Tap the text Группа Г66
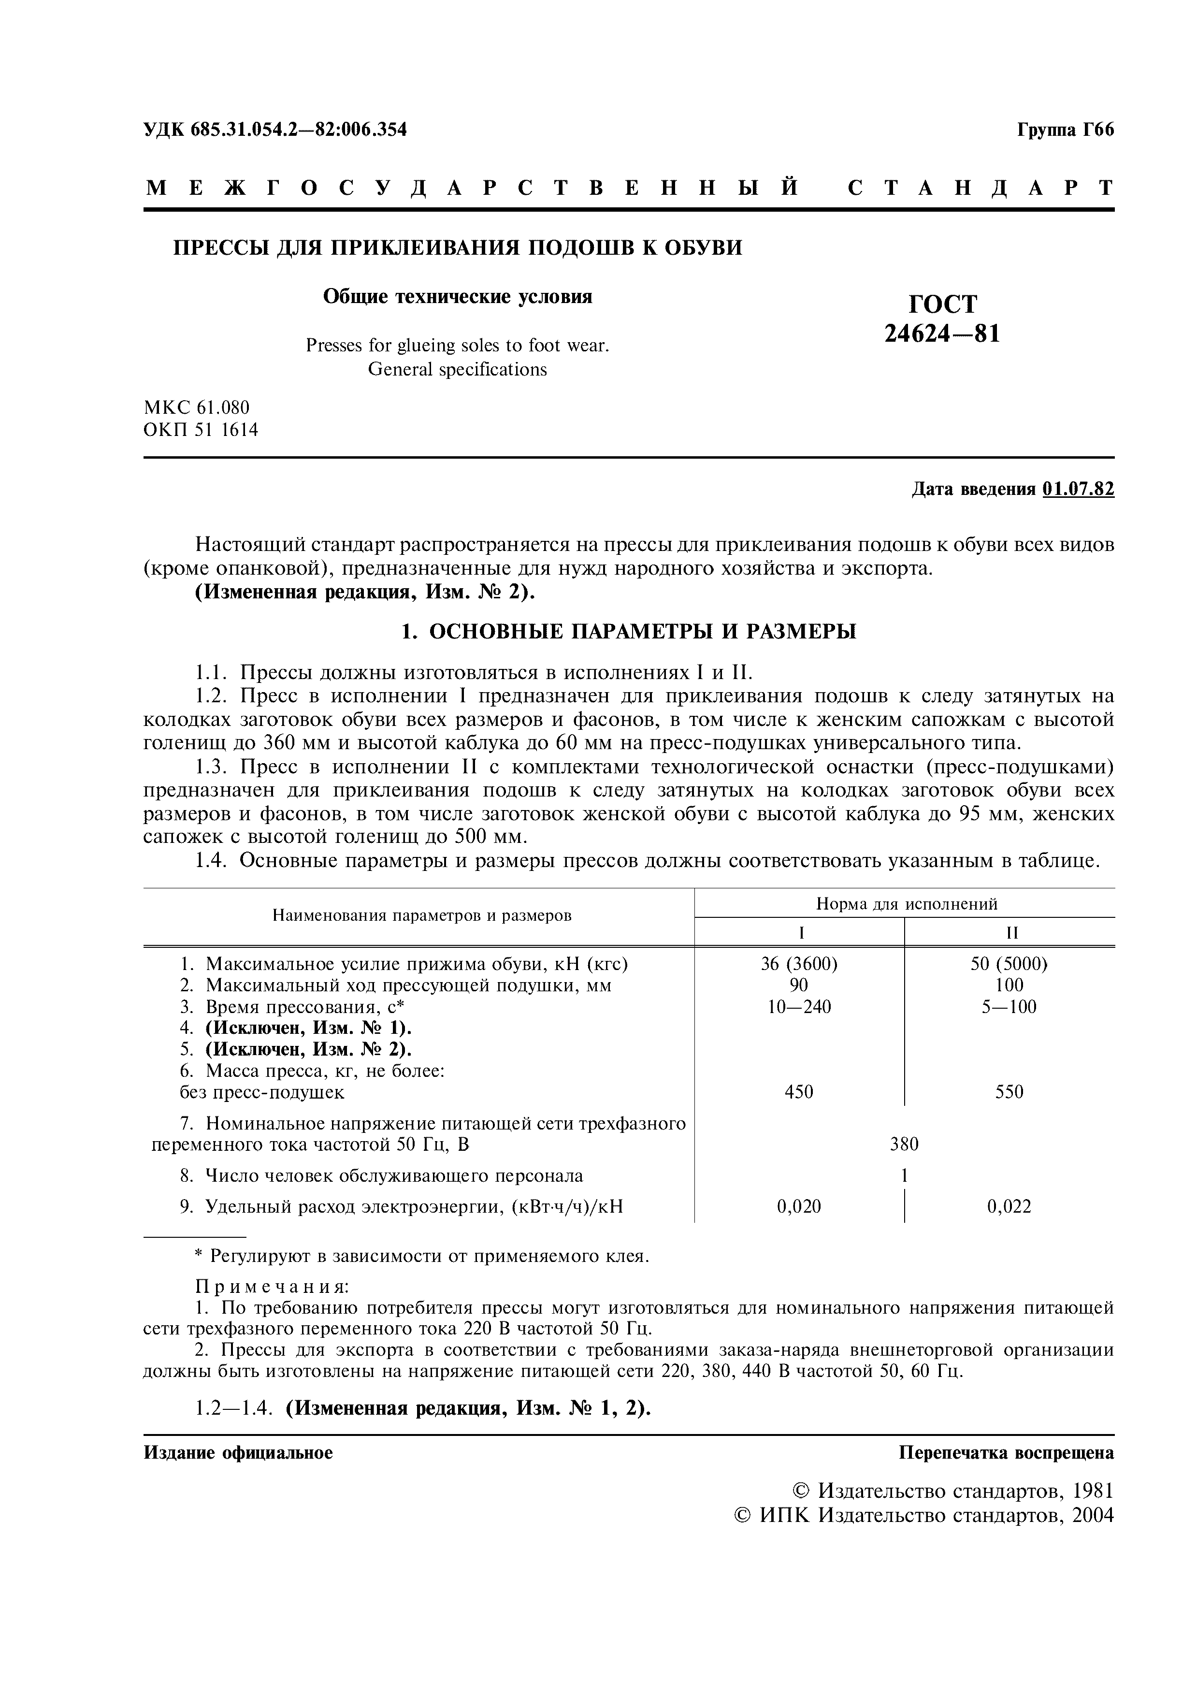[1065, 130]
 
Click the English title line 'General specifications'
[458, 369]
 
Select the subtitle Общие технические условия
[458, 297]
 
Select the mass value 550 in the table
[1009, 1092]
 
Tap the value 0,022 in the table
[1009, 1206]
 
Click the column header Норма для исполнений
[906, 904]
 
